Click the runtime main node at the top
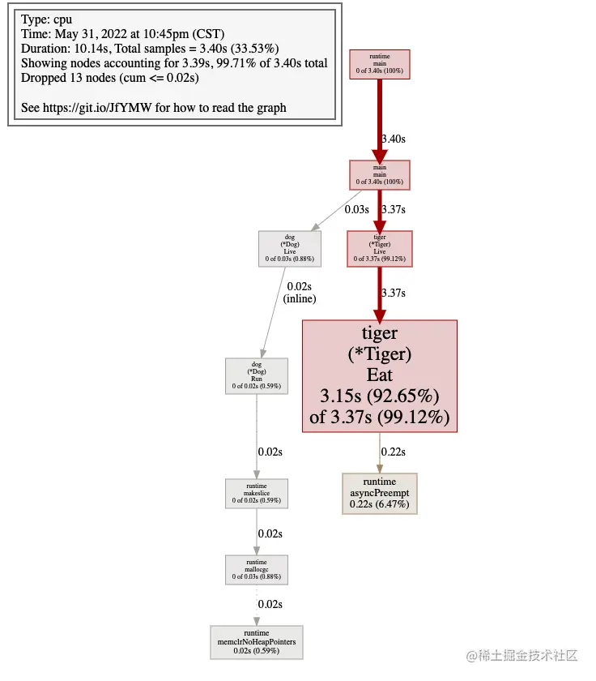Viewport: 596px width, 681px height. (379, 65)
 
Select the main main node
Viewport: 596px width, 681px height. (379, 175)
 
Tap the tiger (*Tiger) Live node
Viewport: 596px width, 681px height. (379, 248)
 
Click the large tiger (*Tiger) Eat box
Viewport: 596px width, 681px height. (379, 376)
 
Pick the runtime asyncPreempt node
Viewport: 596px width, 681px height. (379, 493)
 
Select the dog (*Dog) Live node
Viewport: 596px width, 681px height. (290, 248)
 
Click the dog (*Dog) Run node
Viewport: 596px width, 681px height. (256, 376)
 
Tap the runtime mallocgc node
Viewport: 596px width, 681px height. (256, 570)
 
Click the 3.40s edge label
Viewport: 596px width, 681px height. (393, 139)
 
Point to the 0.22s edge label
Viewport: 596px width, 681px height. (394, 451)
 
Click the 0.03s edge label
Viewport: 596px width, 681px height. (357, 209)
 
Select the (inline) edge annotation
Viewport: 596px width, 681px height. (300, 298)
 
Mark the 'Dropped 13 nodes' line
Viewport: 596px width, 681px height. (109, 78)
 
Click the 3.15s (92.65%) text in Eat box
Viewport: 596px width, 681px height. (379, 396)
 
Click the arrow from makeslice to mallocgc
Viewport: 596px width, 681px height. (256, 530)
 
